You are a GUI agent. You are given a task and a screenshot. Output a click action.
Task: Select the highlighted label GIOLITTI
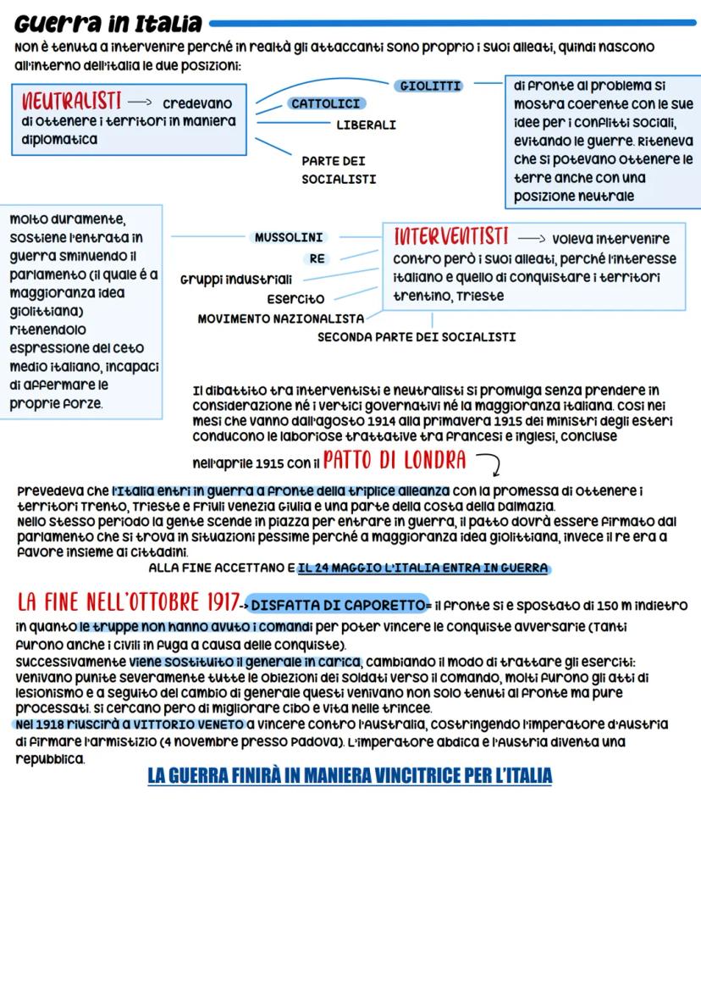click(429, 86)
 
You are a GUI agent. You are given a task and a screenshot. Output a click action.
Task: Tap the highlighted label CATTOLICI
click(326, 103)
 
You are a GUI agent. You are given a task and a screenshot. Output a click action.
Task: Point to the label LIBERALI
click(366, 125)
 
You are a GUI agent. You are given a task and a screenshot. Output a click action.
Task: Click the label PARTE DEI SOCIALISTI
click(338, 169)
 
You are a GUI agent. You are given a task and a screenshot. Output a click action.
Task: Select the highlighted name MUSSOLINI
click(289, 238)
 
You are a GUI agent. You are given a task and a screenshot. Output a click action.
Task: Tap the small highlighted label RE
click(317, 259)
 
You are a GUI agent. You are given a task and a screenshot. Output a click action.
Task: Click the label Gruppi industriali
click(236, 279)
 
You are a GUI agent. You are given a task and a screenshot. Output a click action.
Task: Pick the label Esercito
click(295, 299)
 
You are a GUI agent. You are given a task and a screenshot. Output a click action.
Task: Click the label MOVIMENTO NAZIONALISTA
click(280, 319)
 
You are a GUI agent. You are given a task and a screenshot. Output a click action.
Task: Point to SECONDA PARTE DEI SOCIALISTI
click(417, 336)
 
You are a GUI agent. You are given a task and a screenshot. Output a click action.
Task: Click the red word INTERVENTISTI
click(450, 236)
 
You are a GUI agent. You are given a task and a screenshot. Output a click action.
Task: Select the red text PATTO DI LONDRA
click(395, 461)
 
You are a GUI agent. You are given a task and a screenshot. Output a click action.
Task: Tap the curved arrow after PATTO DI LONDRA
click(489, 463)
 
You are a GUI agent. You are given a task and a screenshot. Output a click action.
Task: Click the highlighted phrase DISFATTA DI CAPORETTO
click(338, 605)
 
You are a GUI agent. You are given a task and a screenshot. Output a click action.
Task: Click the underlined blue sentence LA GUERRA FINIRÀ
click(349, 775)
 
